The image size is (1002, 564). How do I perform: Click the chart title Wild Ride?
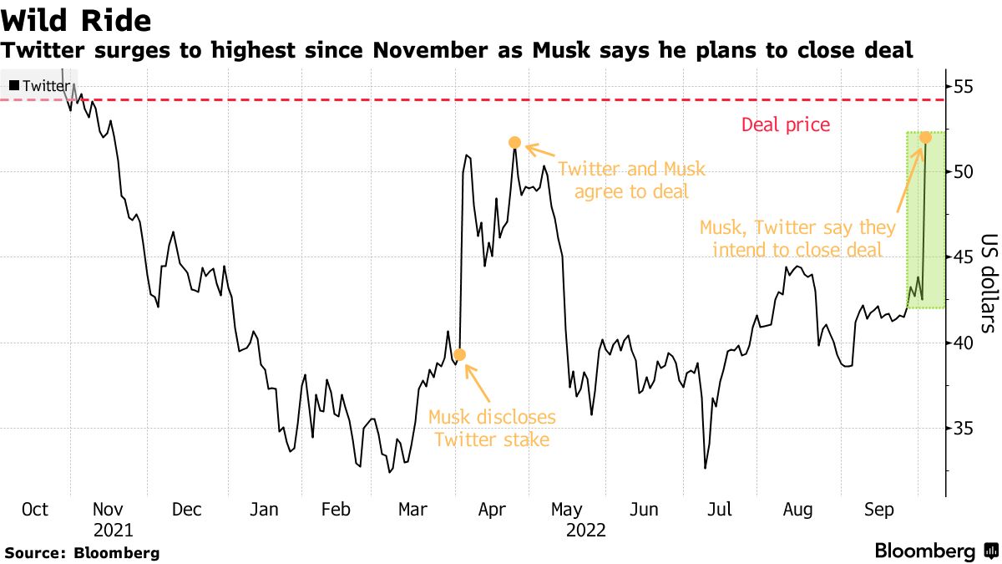pos(77,20)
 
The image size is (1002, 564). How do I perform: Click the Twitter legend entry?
pos(40,85)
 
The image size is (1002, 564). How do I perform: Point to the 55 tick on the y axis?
pos(965,86)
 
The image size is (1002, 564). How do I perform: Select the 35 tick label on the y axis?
pos(965,429)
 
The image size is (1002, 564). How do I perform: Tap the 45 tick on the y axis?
pos(965,257)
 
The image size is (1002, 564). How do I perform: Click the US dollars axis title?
pos(986,282)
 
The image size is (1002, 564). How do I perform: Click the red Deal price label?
pos(786,125)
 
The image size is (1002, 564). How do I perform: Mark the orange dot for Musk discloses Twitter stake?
pos(459,355)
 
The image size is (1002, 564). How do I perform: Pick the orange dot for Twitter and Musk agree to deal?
pos(514,143)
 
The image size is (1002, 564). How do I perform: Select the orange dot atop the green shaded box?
pos(925,137)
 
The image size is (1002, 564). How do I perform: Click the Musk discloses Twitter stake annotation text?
pos(492,428)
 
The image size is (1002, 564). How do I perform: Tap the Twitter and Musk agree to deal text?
pos(631,180)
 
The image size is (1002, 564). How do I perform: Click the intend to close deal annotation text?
pos(797,238)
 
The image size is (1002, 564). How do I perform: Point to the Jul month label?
pos(721,510)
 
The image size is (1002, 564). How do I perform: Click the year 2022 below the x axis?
pos(585,530)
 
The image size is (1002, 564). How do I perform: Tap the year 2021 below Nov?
pos(113,530)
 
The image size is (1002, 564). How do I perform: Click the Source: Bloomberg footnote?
pos(82,552)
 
